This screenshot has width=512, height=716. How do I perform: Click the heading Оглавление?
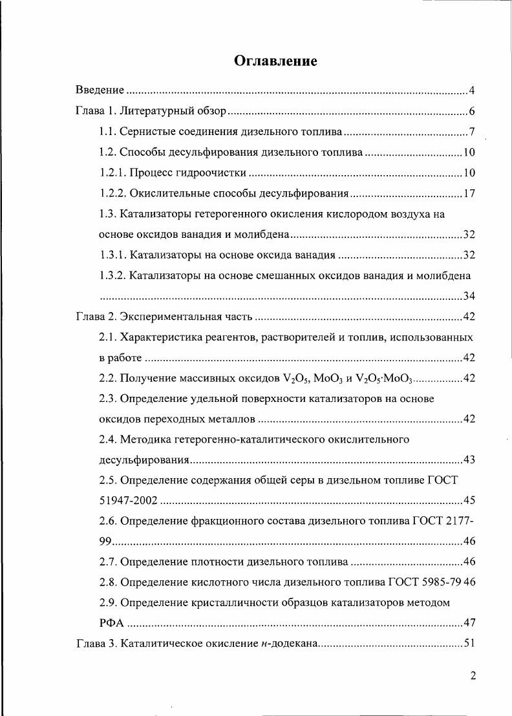pyautogui.click(x=275, y=61)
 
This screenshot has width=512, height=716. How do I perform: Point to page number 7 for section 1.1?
pyautogui.click(x=473, y=132)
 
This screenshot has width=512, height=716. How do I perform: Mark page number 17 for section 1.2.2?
pyautogui.click(x=469, y=193)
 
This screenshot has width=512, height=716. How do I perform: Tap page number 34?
pyautogui.click(x=469, y=296)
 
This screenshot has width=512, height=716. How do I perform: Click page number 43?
pyautogui.click(x=469, y=460)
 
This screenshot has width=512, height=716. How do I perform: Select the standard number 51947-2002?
pyautogui.click(x=127, y=501)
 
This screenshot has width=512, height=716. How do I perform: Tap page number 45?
pyautogui.click(x=469, y=501)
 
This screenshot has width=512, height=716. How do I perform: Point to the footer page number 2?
pyautogui.click(x=473, y=676)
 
